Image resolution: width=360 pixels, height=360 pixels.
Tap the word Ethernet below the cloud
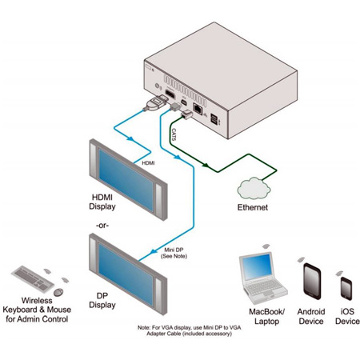258,208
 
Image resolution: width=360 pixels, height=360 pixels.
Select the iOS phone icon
345,286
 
